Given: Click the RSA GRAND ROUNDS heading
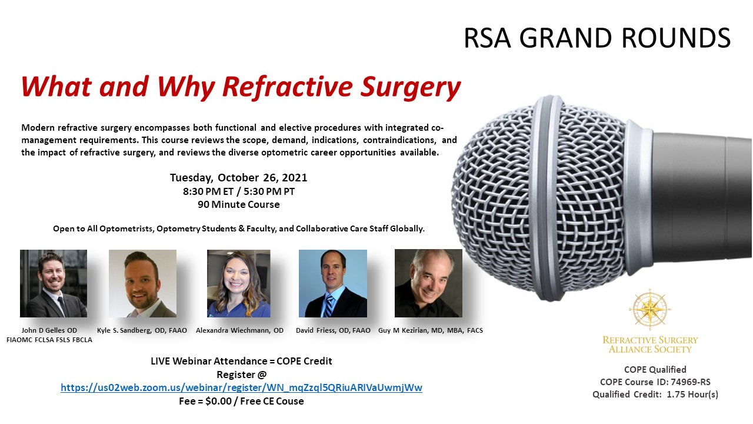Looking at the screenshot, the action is coord(597,38).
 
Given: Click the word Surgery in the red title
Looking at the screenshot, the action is coord(410,88).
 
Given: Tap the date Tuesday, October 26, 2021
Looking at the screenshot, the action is coord(238,178).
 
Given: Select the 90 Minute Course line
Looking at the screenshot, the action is coord(239,204).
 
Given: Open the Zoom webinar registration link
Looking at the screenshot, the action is coord(241,387).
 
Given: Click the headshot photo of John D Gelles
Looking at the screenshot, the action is coord(54,283).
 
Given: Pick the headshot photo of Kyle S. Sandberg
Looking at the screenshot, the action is coord(142,283).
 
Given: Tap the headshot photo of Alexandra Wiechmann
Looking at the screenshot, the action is coord(239,283).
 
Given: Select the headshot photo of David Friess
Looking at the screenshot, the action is coord(333,283).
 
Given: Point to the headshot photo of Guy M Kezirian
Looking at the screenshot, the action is coord(428,283).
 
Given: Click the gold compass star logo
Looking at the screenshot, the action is coord(650,309).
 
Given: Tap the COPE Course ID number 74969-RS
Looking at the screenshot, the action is coord(691,382).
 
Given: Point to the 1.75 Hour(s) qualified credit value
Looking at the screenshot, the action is coord(692,395).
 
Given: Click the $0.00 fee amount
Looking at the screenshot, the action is coord(218,401).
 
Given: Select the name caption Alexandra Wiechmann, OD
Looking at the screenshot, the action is coord(239,330).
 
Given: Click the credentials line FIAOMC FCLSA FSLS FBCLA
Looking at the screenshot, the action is coord(49,340).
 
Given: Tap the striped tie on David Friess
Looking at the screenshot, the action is coord(328,306).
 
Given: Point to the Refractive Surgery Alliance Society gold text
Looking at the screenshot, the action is coord(650,344).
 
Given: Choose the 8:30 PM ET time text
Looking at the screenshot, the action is coord(208,191).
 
